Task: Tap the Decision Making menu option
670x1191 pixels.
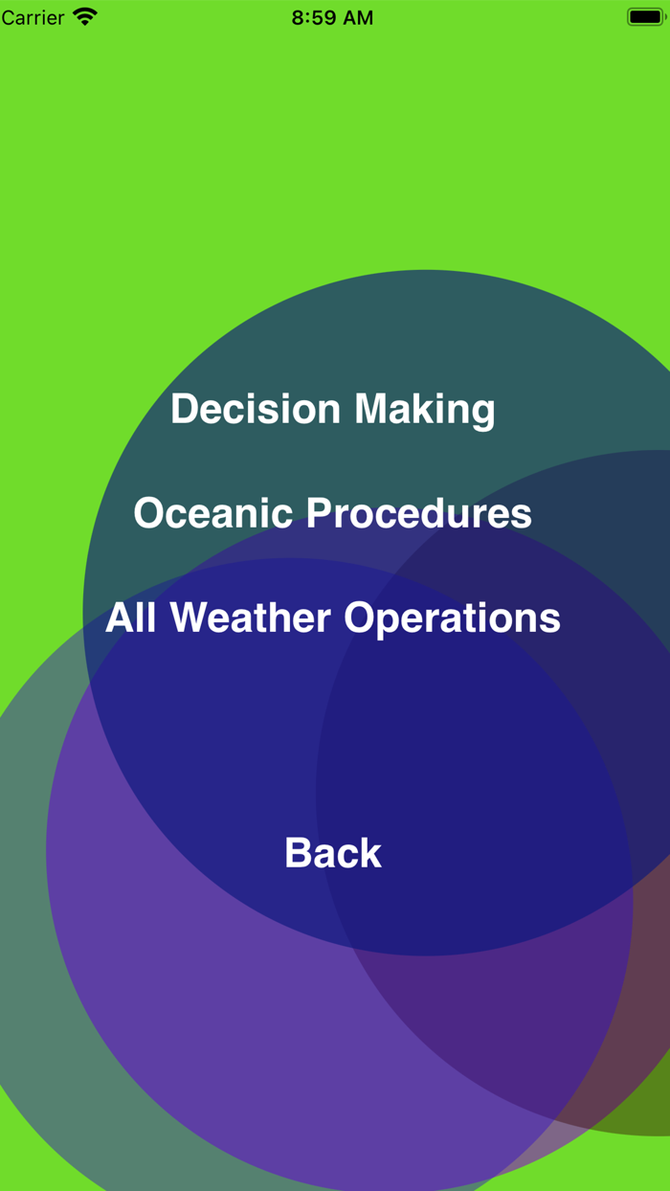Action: click(x=333, y=409)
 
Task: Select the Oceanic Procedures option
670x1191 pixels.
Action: click(x=333, y=513)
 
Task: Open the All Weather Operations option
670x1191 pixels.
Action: click(x=333, y=618)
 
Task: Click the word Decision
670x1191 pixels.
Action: click(x=256, y=409)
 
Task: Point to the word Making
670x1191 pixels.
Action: click(x=425, y=410)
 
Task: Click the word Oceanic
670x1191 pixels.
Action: click(x=213, y=513)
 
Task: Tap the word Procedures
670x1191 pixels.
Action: click(x=419, y=513)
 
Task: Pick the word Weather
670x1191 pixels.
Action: click(x=251, y=618)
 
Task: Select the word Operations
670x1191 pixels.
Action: click(x=453, y=618)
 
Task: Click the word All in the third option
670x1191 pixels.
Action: click(x=131, y=618)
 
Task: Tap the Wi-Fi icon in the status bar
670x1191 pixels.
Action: click(x=85, y=17)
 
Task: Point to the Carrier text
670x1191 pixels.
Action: click(x=33, y=17)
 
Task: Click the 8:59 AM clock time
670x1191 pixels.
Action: click(x=332, y=17)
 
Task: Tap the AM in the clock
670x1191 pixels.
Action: click(x=358, y=17)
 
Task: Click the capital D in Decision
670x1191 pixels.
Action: click(x=184, y=409)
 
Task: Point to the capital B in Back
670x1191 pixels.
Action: click(x=299, y=853)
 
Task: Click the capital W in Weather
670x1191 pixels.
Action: click(x=193, y=618)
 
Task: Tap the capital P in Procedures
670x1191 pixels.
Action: click(x=321, y=512)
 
